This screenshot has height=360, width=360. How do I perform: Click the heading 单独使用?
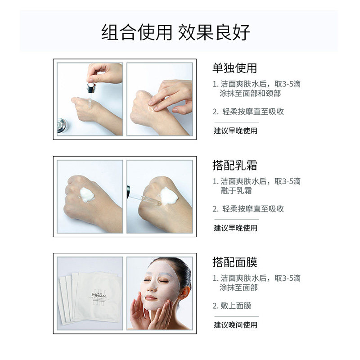click(x=234, y=68)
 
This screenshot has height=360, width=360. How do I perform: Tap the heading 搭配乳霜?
click(x=234, y=165)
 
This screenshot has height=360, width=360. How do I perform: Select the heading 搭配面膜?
click(x=234, y=262)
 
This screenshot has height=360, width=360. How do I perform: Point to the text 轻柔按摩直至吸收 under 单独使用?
click(x=253, y=112)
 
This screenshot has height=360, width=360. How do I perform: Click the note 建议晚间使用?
click(x=235, y=324)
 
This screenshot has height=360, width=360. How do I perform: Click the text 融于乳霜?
click(x=236, y=191)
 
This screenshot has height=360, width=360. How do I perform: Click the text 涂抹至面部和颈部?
click(x=251, y=94)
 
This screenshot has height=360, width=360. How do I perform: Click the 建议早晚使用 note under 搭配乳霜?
click(x=235, y=228)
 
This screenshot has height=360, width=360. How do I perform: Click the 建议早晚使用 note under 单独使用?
click(x=235, y=131)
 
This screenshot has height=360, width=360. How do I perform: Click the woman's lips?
click(x=151, y=297)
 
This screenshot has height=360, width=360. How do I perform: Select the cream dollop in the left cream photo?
click(x=86, y=195)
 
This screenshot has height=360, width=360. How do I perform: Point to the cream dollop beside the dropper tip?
click(x=169, y=196)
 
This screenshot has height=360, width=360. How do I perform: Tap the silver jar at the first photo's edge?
click(x=62, y=125)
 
